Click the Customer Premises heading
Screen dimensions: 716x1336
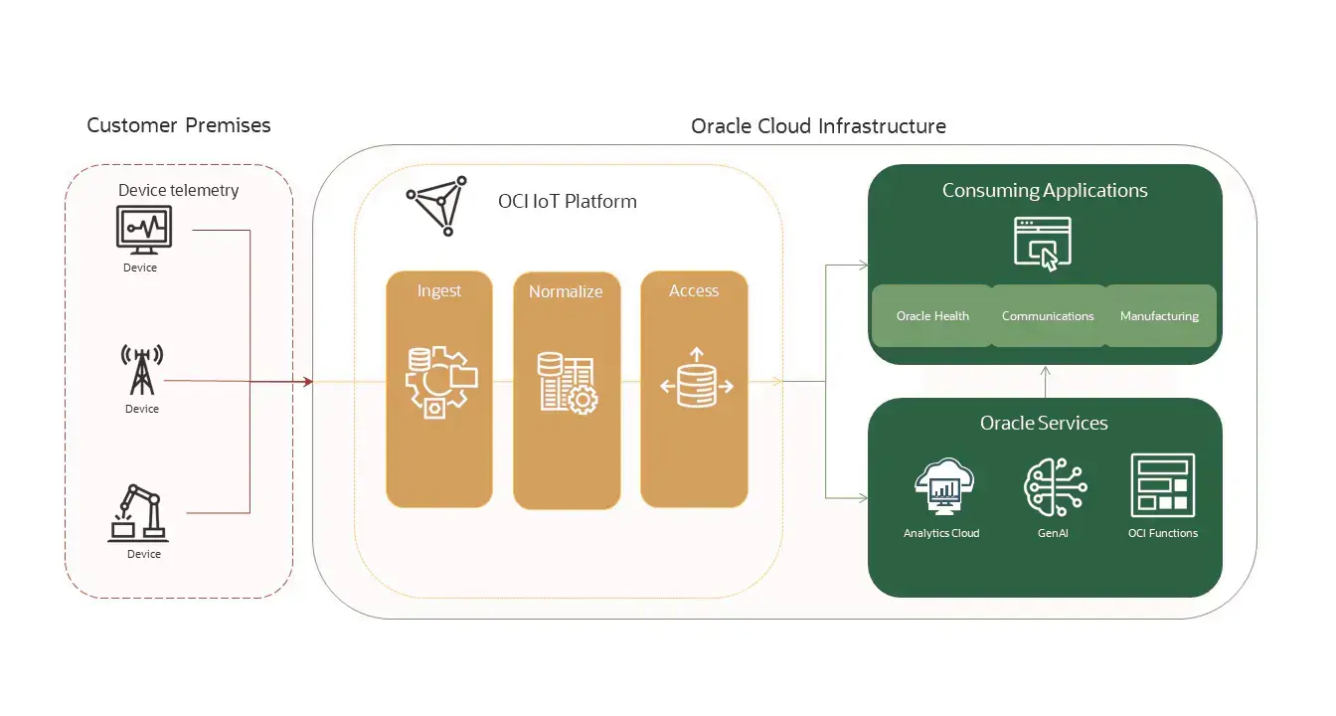click(178, 125)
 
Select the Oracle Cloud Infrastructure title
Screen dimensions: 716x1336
click(818, 126)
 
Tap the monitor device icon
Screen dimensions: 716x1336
click(144, 231)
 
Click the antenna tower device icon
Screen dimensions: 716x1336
click(141, 371)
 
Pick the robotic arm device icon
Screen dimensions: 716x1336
click(139, 513)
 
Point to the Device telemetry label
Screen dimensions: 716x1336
click(179, 190)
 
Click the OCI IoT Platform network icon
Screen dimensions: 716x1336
click(436, 206)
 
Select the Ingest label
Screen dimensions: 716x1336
click(439, 290)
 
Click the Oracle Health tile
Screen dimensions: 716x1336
click(931, 316)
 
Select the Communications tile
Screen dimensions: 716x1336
click(1048, 316)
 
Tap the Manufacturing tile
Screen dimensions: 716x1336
click(1159, 316)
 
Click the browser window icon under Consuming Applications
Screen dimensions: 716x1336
click(1043, 243)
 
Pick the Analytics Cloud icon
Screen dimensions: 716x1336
click(942, 487)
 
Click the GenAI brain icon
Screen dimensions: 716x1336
click(1054, 487)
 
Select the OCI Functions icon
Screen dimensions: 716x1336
click(1163, 485)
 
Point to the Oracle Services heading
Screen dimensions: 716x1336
click(1044, 423)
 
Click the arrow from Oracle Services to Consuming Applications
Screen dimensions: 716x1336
click(1045, 380)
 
